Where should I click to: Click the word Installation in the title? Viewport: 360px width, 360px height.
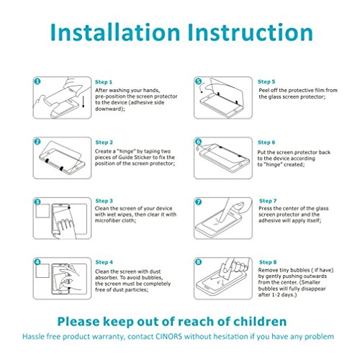click(115, 32)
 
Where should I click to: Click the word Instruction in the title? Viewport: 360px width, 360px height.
click(251, 32)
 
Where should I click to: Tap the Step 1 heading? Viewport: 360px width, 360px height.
click(104, 82)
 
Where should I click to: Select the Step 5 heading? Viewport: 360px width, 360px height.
click(266, 82)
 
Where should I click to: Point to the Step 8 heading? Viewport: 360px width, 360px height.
click(268, 262)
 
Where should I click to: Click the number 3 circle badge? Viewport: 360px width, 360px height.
click(37, 202)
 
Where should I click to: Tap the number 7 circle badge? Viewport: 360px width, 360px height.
click(198, 202)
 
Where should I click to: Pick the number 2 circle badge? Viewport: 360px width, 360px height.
click(37, 142)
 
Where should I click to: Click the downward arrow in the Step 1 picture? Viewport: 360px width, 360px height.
click(83, 102)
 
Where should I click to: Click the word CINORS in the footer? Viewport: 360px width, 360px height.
click(168, 336)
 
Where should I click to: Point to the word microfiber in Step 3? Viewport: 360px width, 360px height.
click(107, 220)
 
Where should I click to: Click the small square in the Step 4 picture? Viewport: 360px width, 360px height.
click(42, 271)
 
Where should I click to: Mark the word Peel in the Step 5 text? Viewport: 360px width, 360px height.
click(264, 91)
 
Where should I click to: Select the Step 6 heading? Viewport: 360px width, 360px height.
click(266, 143)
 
